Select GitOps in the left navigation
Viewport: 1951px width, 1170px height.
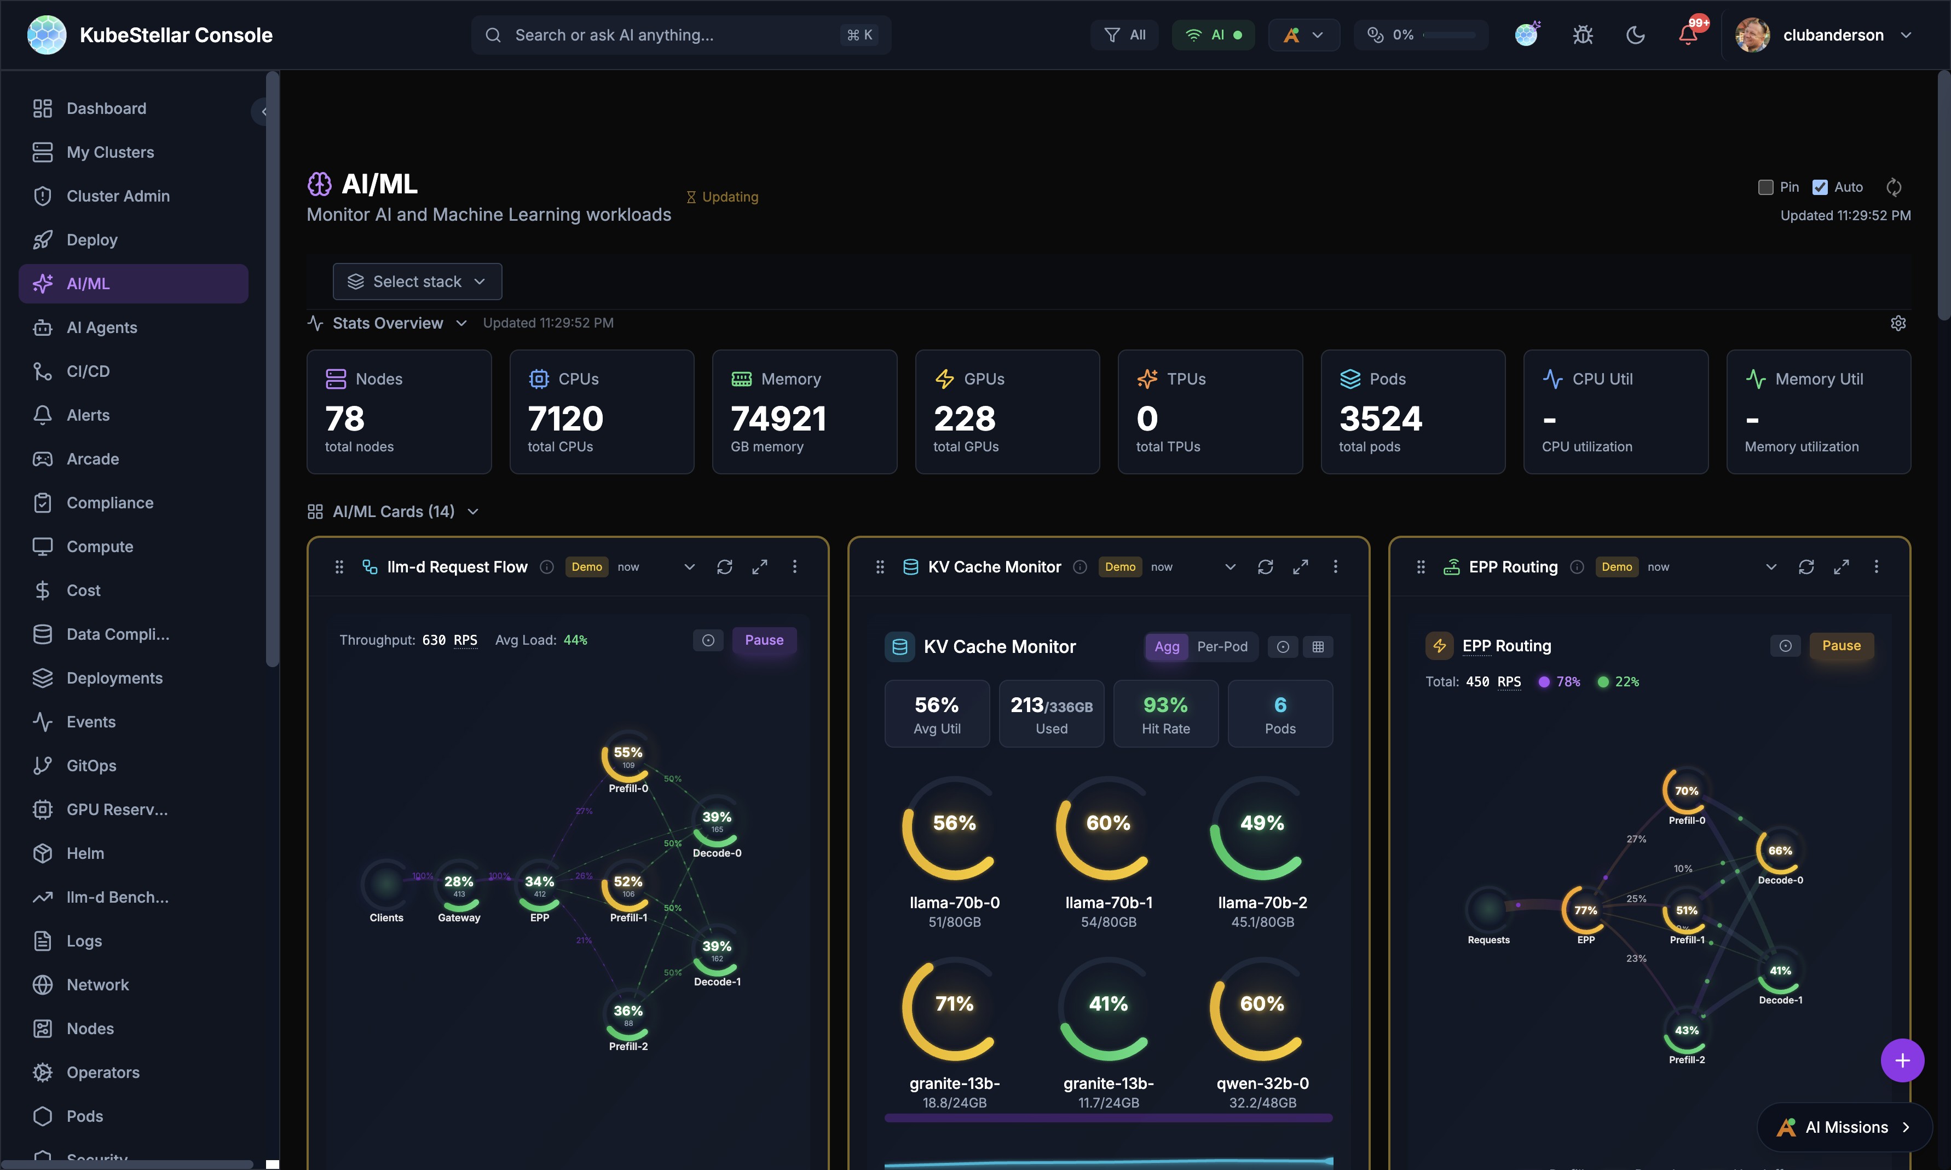pos(91,766)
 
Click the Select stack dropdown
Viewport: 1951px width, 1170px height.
pos(417,282)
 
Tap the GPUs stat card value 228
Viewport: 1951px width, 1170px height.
pos(965,418)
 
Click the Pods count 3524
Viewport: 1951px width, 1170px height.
pos(1381,418)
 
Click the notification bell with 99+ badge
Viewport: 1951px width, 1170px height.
pos(1688,35)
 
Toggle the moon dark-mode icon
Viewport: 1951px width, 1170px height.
pos(1636,35)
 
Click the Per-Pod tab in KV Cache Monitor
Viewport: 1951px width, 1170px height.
pos(1222,646)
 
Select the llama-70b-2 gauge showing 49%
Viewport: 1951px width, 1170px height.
pos(1262,828)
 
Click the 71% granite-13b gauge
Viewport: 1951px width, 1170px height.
pos(954,1008)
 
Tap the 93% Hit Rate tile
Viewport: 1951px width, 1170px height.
pos(1165,714)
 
